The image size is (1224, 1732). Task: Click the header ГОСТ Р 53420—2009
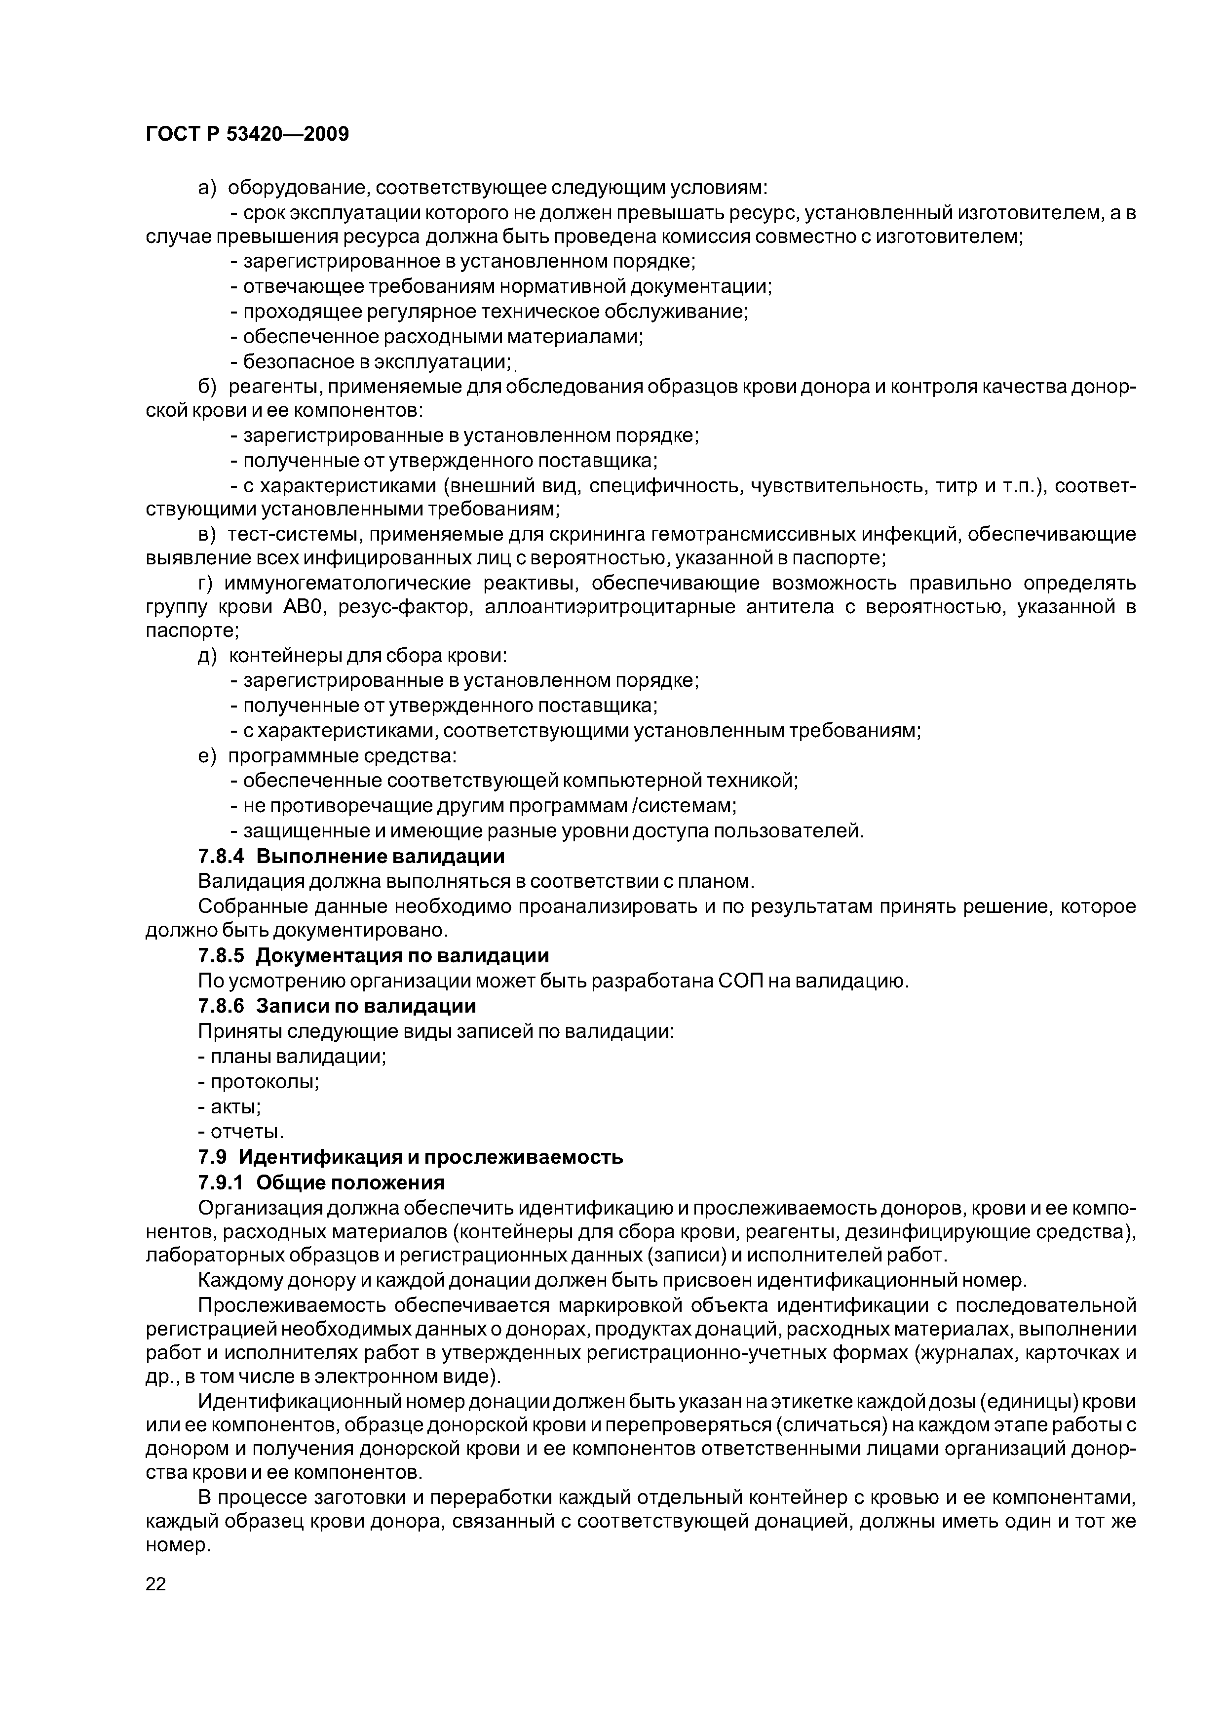[x=247, y=134]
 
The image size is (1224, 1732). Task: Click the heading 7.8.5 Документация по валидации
[x=373, y=956]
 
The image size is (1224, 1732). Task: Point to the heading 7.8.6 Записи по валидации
[x=337, y=1006]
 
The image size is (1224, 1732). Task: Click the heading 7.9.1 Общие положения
[x=321, y=1182]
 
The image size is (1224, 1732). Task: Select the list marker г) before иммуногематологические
[x=207, y=584]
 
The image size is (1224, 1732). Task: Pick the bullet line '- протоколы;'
[x=258, y=1082]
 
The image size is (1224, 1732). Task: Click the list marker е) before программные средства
[x=207, y=756]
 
